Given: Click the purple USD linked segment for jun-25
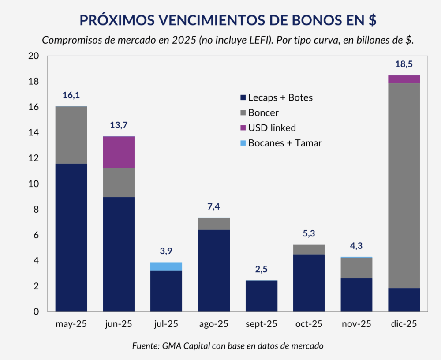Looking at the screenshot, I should (119, 152).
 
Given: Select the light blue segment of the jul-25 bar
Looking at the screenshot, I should (166, 266).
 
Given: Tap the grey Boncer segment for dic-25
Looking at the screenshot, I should (404, 185).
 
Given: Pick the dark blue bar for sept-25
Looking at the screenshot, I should (262, 296).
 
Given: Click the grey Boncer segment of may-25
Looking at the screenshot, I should (71, 135).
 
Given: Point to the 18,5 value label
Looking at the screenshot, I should (404, 64).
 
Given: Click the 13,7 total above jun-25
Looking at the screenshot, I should (119, 125).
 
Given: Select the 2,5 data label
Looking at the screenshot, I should (262, 269).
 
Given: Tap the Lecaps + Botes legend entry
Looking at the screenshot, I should (280, 97).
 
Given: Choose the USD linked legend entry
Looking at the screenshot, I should (272, 128).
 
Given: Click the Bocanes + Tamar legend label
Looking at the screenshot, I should (284, 143).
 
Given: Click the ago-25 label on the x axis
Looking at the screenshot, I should (214, 324).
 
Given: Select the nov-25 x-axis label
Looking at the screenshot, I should (357, 324).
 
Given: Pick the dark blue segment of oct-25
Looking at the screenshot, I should (309, 282).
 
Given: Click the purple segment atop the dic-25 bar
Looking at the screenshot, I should (404, 79).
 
